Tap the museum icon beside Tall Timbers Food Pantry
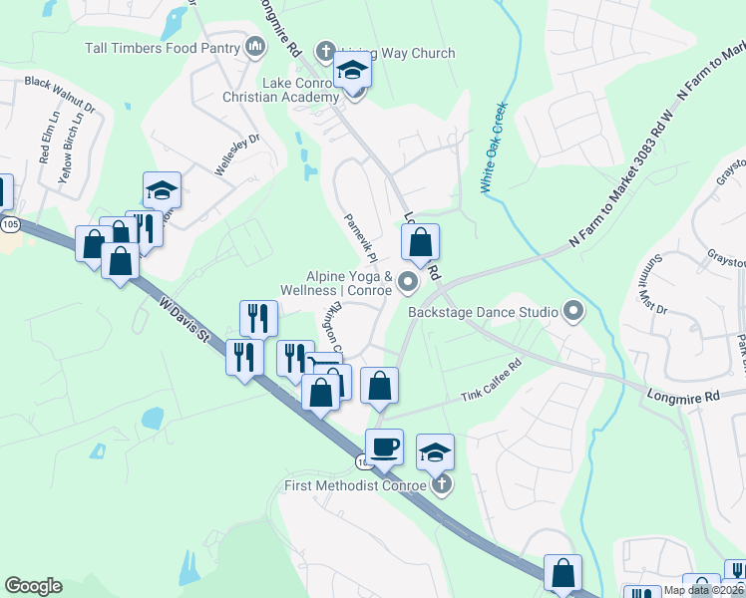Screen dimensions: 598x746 click(x=254, y=46)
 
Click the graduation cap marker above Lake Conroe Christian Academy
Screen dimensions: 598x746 click(x=352, y=72)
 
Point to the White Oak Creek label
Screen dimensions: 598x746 click(x=495, y=147)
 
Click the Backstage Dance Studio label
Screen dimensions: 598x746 click(x=483, y=312)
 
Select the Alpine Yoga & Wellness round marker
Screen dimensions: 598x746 click(x=407, y=283)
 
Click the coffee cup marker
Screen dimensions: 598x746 click(x=384, y=448)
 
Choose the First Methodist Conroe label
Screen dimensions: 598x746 click(x=354, y=485)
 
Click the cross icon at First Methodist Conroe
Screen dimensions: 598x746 click(x=442, y=485)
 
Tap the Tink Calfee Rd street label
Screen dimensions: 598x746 click(x=491, y=382)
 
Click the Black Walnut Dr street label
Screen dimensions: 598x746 click(x=59, y=94)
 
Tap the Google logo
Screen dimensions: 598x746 click(x=33, y=586)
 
